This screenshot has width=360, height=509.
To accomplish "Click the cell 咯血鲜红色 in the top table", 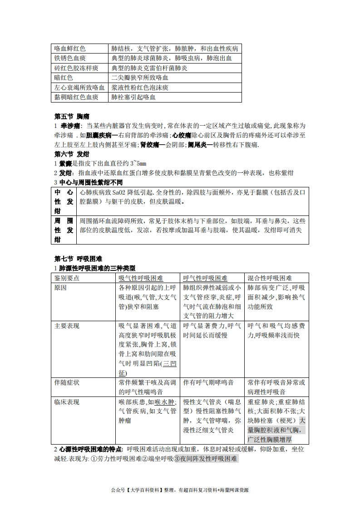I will [x=70, y=49].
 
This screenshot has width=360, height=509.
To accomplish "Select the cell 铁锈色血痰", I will [x=70, y=58].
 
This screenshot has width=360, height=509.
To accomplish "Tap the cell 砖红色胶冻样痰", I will [x=76, y=68].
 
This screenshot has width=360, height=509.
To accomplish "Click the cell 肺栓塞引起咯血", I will [x=133, y=97].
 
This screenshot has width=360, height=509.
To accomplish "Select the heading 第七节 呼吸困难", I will [x=78, y=259].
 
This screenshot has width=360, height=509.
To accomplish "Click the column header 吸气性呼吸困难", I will [x=141, y=278].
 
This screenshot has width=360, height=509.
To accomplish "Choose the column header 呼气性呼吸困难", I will [x=205, y=278].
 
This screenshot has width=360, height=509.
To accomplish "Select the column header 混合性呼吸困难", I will [x=270, y=278].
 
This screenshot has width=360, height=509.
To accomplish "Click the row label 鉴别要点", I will [x=67, y=278].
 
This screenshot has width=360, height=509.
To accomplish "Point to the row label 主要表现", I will [x=67, y=326].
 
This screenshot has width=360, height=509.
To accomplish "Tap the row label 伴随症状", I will [x=67, y=382].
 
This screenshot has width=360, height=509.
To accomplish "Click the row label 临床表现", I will [x=67, y=402].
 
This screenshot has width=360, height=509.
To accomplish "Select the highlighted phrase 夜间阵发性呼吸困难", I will [x=208, y=459].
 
